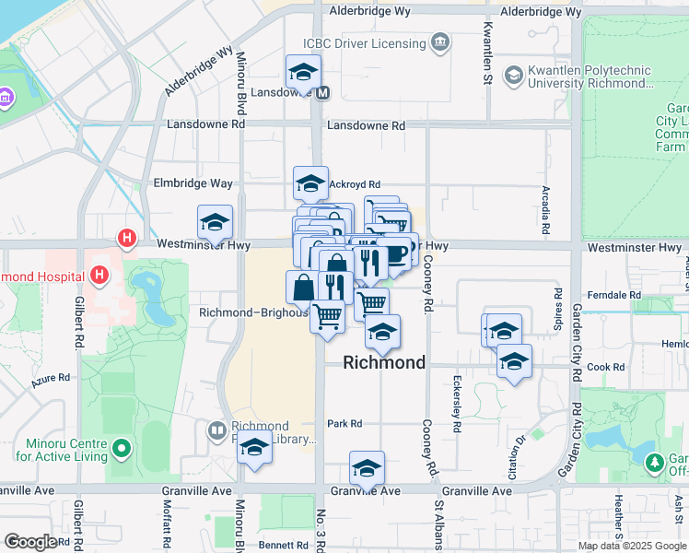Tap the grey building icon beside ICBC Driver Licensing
tap(442, 42)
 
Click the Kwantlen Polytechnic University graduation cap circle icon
tap(513, 74)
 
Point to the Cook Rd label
tap(606, 367)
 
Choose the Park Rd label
tap(344, 424)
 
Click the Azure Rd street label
tap(51, 378)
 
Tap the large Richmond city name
tap(384, 362)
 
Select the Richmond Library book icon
tap(216, 429)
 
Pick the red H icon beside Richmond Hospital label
tap(98, 275)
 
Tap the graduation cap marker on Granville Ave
tap(367, 467)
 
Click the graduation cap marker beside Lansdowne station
tap(301, 72)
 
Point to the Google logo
tap(30, 542)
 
